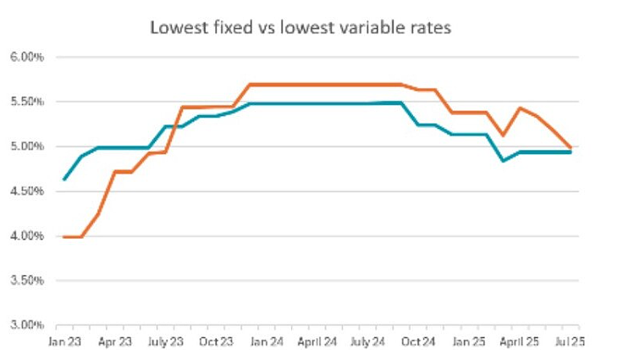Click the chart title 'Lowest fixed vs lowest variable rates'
tap(300, 28)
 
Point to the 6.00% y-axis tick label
tap(26, 57)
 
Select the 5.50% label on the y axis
tap(26, 102)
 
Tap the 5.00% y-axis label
tap(26, 147)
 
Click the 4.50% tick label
tap(26, 191)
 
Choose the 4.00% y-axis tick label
tap(26, 236)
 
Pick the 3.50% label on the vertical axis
tap(26, 281)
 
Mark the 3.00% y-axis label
tap(26, 325)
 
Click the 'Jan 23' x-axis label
tap(64, 341)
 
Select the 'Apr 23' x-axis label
tap(115, 341)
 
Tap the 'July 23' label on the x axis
tap(166, 341)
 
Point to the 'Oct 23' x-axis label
tap(216, 341)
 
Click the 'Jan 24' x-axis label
tap(267, 341)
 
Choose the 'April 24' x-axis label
tap(317, 341)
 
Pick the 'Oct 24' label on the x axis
tap(418, 341)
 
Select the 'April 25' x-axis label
tap(519, 341)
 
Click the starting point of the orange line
tap(64, 237)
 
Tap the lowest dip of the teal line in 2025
tap(504, 161)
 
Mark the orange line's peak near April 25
tap(520, 108)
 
